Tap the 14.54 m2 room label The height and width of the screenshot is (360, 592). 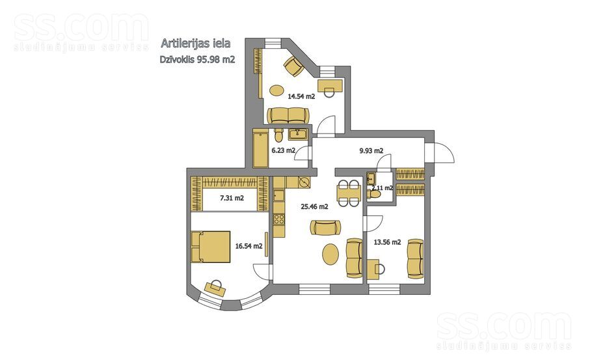(302, 96)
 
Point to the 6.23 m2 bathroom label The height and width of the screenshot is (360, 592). (283, 150)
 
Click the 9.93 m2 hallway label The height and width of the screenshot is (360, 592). (371, 150)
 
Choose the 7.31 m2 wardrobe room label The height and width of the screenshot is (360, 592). (232, 198)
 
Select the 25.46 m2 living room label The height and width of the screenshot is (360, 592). (314, 206)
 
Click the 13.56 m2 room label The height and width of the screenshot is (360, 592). (386, 242)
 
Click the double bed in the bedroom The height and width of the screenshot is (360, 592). (209, 245)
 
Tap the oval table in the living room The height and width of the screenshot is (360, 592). (330, 253)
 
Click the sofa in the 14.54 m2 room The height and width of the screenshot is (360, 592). (289, 115)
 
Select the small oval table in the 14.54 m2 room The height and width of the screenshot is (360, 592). (277, 90)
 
